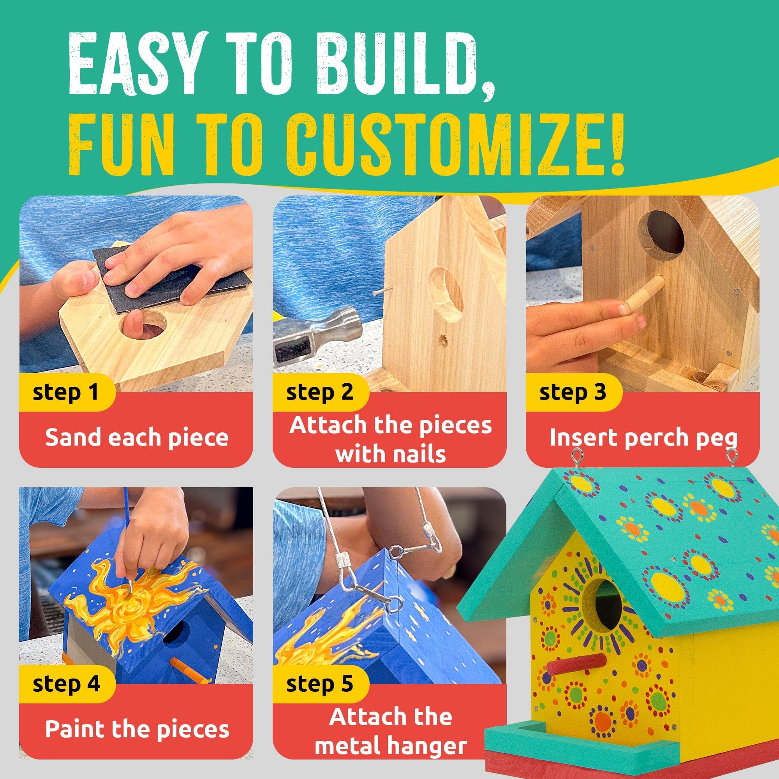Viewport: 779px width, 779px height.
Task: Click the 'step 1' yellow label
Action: pyautogui.click(x=66, y=392)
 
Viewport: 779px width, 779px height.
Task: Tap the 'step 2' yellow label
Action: pyautogui.click(x=319, y=392)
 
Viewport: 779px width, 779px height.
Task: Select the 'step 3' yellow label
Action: pyautogui.click(x=573, y=392)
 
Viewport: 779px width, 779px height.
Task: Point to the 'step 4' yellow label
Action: pyautogui.click(x=66, y=685)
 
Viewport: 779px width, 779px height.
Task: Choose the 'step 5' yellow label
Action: pyautogui.click(x=319, y=685)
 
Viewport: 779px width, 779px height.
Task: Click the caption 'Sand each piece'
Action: pyautogui.click(x=136, y=438)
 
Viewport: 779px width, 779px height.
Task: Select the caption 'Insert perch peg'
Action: pyautogui.click(x=644, y=438)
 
